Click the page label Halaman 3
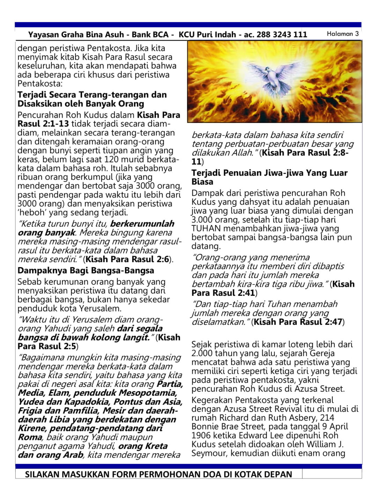[342, 34]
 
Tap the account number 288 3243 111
[282, 35]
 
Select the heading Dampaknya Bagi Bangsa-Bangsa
[86, 271]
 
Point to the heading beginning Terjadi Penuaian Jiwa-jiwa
[269, 177]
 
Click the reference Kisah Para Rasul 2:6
[127, 259]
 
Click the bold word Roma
[30, 437]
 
